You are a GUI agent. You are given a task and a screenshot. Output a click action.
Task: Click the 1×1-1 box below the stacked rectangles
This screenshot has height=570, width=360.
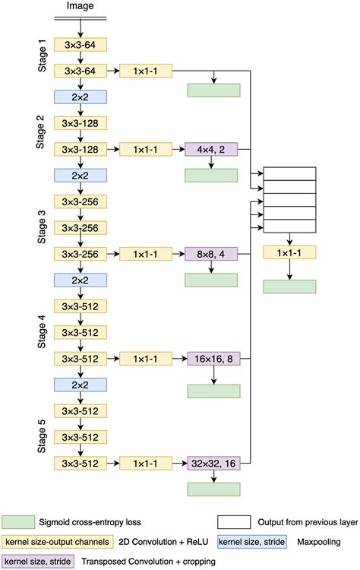[x=289, y=252]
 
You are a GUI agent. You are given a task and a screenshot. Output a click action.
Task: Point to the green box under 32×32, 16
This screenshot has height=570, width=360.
[x=213, y=489]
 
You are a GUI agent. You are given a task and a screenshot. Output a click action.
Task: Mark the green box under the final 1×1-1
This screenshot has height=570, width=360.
[x=289, y=286]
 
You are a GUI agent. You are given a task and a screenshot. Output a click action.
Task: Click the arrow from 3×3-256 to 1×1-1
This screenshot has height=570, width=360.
[x=112, y=254]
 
